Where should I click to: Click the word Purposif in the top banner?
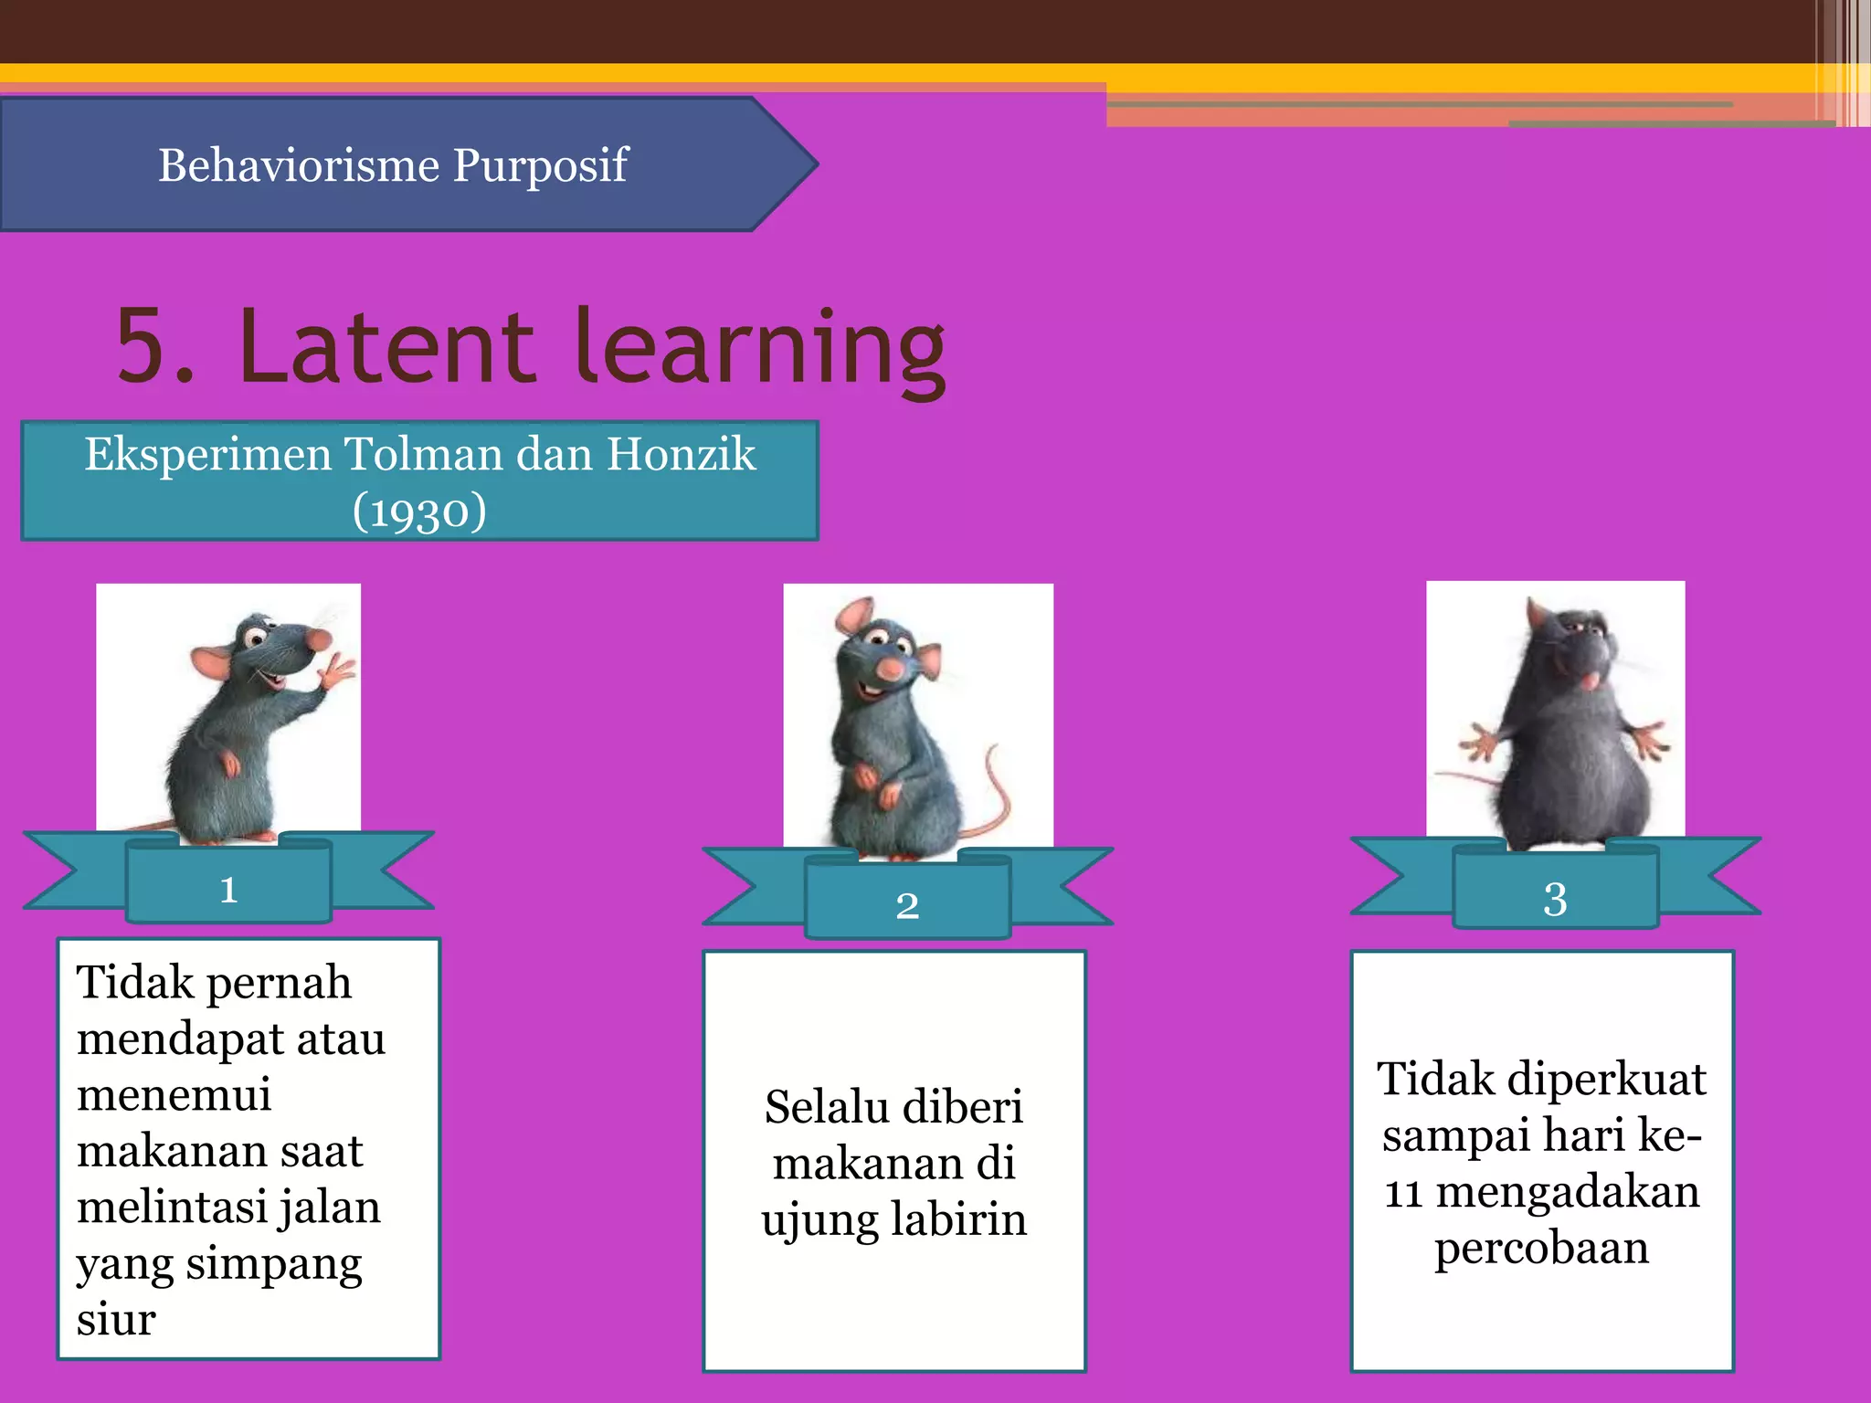[540, 166]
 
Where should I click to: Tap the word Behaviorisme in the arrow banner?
[299, 164]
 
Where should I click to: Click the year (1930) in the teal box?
[419, 511]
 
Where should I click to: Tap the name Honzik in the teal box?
[682, 454]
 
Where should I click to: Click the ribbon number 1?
[228, 889]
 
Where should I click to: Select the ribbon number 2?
[907, 905]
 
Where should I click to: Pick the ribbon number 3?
[1555, 899]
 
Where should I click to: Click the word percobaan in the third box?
[1541, 1248]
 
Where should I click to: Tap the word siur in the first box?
[116, 1319]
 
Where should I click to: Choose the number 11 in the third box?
[1402, 1192]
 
